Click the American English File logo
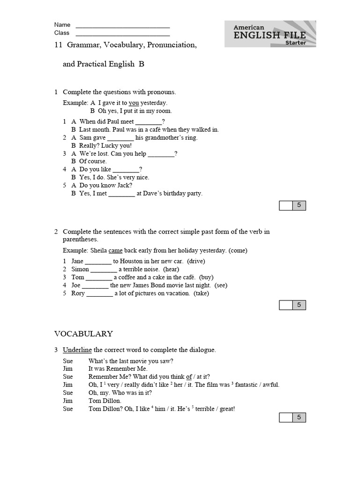click(270, 34)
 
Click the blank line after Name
click(122, 26)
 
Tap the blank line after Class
click(122, 34)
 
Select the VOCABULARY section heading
click(83, 334)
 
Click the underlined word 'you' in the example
click(134, 103)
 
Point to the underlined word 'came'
click(115, 250)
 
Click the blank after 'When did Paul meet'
click(149, 122)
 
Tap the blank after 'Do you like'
click(126, 169)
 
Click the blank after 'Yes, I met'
click(121, 193)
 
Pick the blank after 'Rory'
click(99, 293)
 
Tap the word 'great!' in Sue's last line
click(226, 409)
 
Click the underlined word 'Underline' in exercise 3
click(77, 350)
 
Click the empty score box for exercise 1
click(285, 205)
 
